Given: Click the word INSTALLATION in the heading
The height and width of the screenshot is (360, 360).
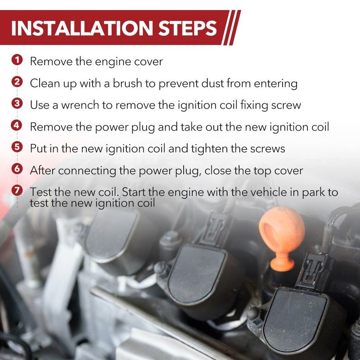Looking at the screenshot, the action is click(x=82, y=28).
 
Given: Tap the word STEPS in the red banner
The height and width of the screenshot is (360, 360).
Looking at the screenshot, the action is click(x=187, y=28).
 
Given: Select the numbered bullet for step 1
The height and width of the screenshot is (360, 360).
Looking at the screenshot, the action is click(x=17, y=60).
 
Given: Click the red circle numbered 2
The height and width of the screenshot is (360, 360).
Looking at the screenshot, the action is click(x=17, y=82).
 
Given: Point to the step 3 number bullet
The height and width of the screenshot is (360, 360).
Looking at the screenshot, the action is click(x=17, y=103).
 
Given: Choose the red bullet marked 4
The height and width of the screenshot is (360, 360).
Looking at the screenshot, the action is click(x=17, y=126).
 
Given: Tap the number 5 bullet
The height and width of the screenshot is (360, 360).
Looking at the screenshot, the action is click(x=17, y=147).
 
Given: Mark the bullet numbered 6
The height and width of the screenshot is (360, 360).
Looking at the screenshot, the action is click(x=17, y=169).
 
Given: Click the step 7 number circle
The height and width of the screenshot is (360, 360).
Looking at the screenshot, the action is click(x=17, y=190).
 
